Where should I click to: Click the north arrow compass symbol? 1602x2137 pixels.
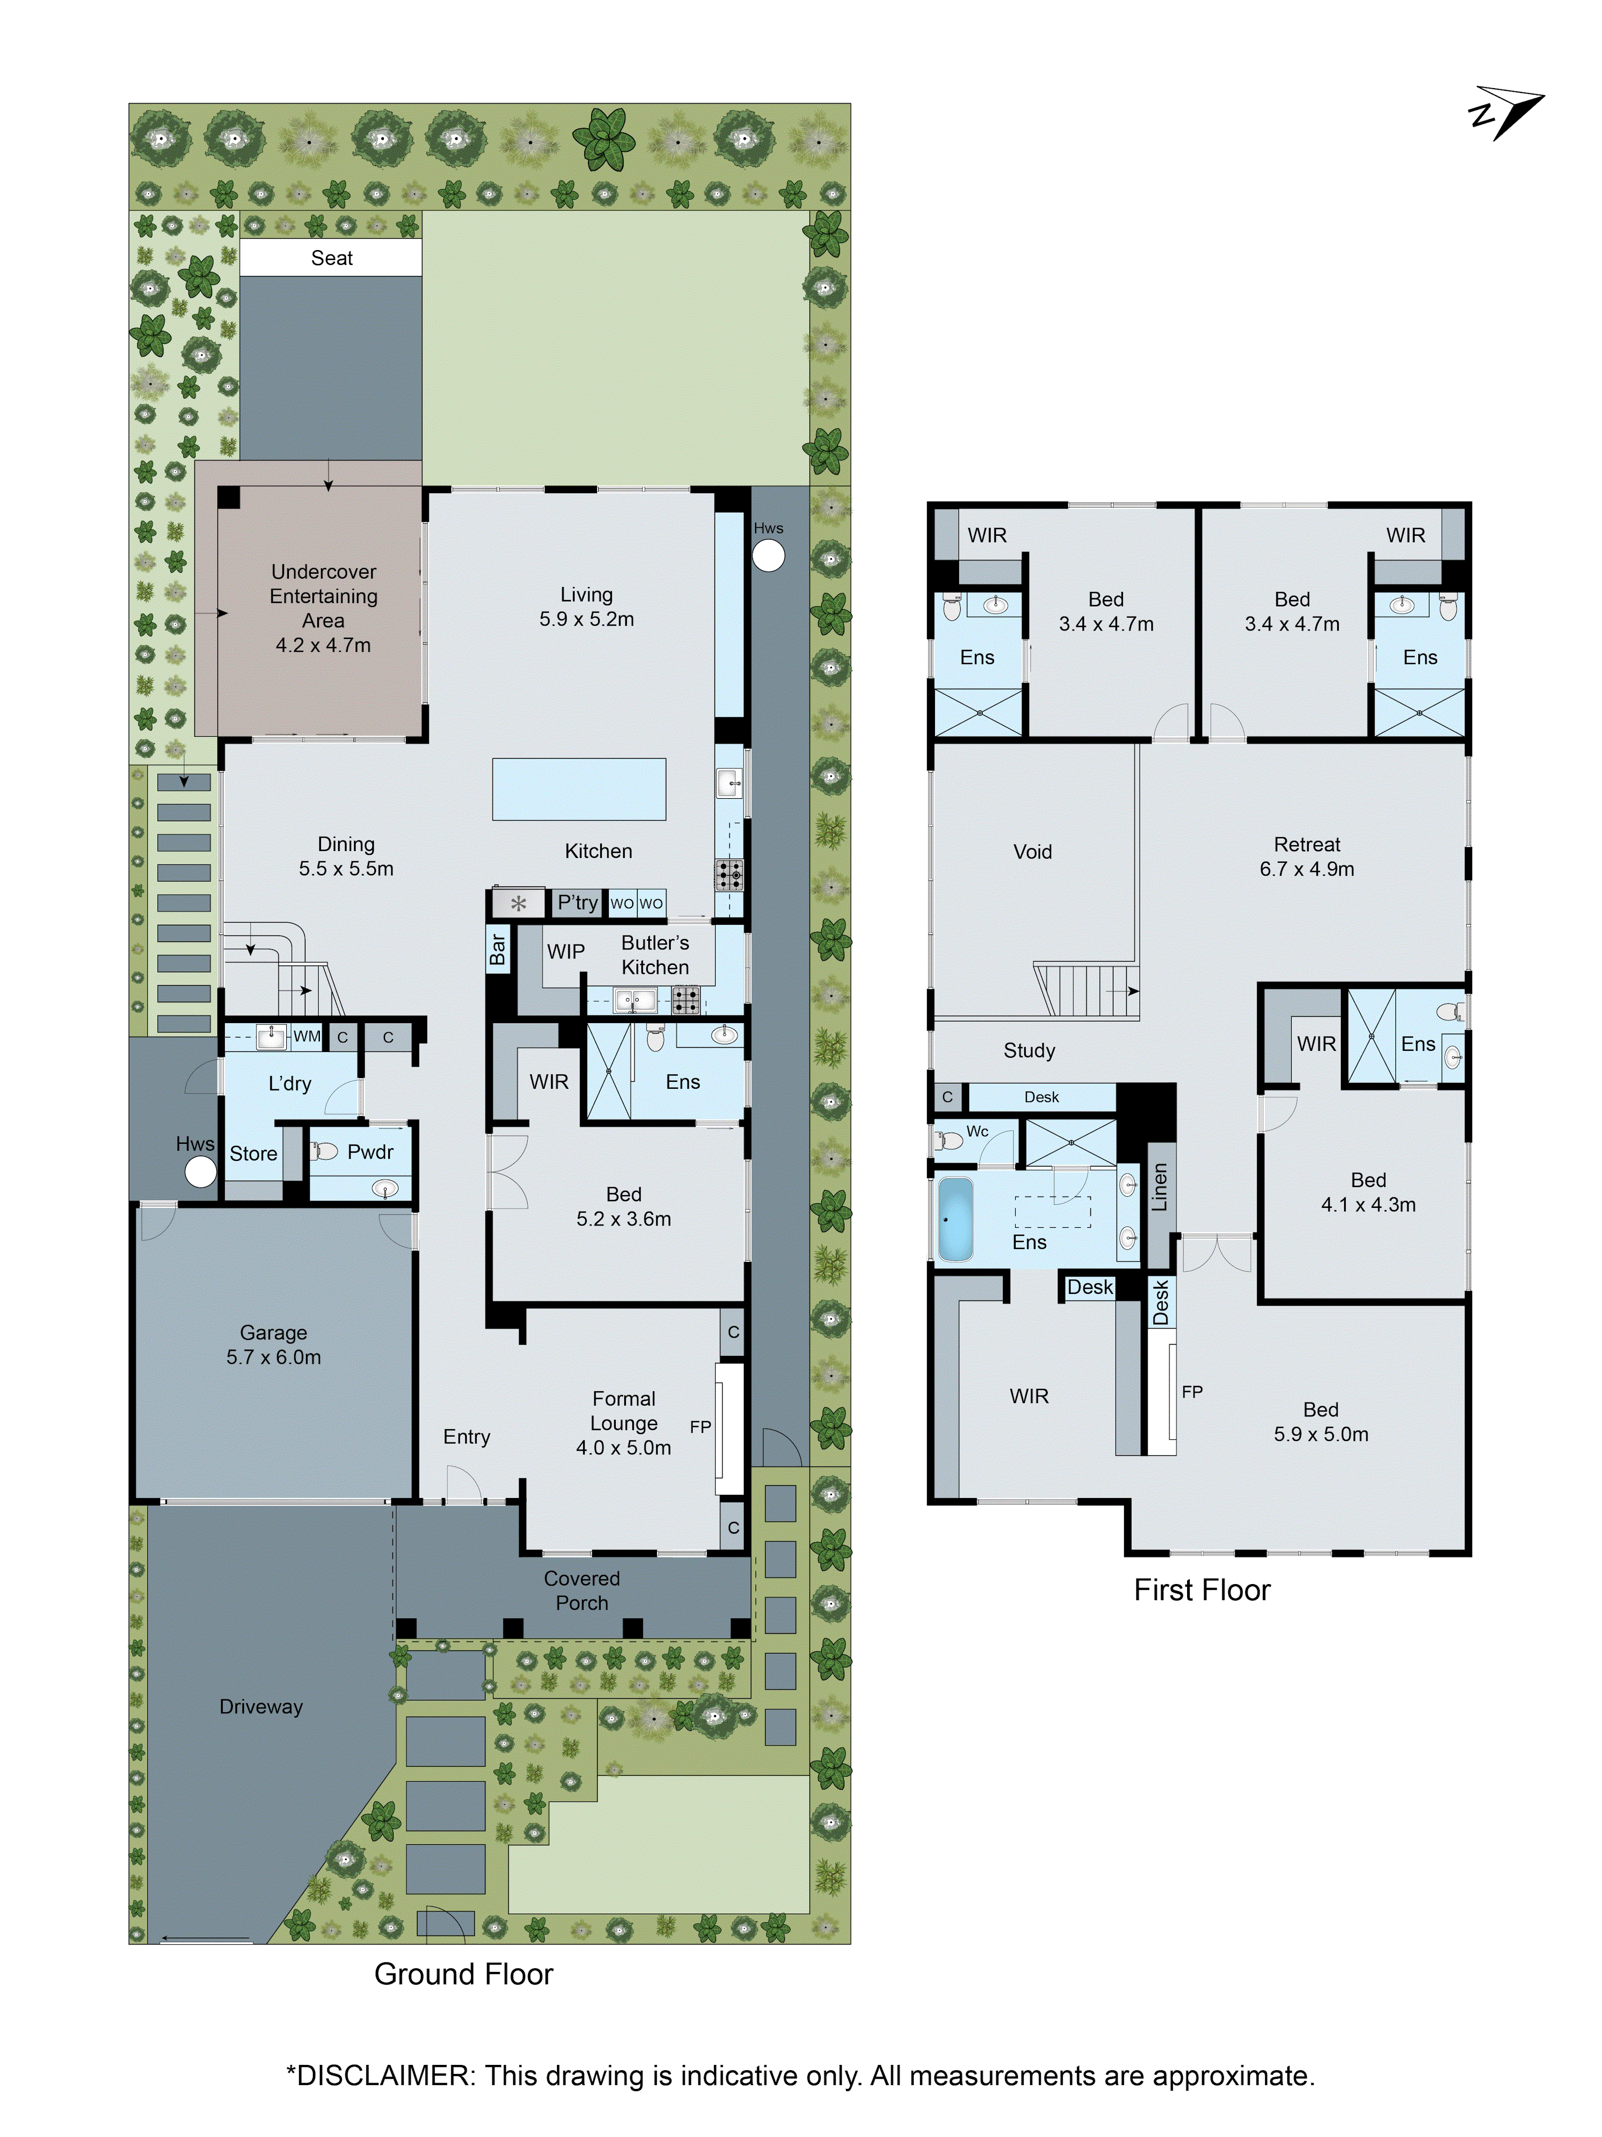(x=1504, y=116)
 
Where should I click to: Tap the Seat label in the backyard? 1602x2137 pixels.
(x=331, y=258)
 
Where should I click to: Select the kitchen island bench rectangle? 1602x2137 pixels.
(x=578, y=789)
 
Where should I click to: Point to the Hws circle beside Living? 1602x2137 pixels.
(x=768, y=556)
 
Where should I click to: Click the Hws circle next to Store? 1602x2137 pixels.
(x=200, y=1172)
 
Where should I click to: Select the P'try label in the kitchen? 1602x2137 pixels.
(x=577, y=902)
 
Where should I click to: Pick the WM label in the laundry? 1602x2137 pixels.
(x=306, y=1036)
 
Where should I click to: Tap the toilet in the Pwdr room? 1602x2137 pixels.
(x=325, y=1151)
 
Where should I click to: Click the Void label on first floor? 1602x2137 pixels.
(x=1032, y=851)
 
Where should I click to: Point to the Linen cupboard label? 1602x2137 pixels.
(x=1160, y=1187)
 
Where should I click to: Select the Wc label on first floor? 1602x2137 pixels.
(x=977, y=1130)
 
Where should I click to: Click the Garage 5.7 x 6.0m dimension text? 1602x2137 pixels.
(x=273, y=1356)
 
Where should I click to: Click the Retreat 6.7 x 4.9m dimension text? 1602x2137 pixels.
(x=1307, y=869)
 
